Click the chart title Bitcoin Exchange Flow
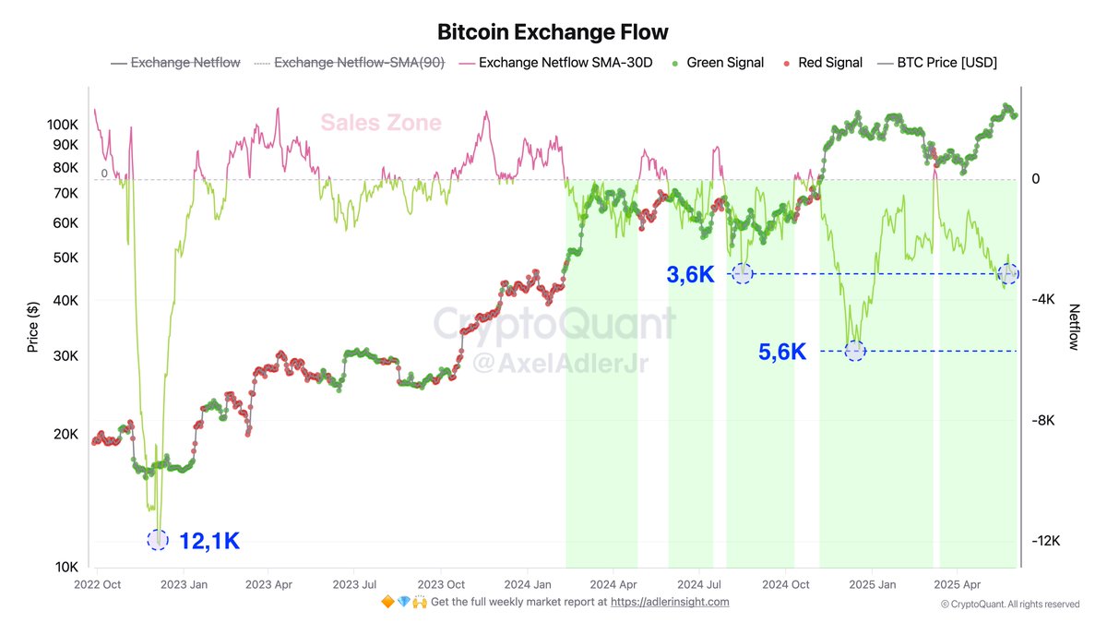553,32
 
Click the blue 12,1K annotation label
209,541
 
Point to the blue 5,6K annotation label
782,352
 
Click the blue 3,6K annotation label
691,274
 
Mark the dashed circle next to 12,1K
158,540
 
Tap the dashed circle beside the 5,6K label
855,352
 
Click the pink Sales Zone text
381,123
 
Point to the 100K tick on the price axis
61,124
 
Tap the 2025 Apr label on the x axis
958,584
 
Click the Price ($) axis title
33,328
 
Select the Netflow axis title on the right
1074,327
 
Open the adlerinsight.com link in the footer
670,602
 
